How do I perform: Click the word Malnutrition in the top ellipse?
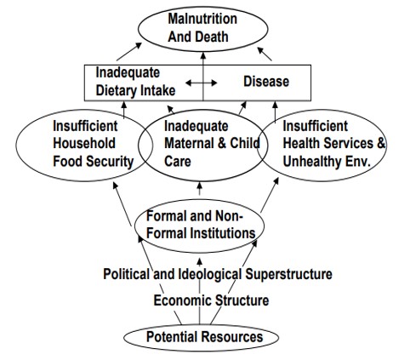202,19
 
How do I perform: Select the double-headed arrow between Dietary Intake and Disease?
202,83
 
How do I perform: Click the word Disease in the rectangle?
266,82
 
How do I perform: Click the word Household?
84,143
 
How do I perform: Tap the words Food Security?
94,162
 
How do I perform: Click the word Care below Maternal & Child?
178,161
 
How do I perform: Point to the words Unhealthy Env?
327,162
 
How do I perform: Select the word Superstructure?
288,274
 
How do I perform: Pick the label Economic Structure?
211,300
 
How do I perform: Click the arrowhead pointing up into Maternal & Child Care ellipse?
200,186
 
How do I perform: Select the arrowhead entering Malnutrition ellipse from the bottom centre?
203,55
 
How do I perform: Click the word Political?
126,274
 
